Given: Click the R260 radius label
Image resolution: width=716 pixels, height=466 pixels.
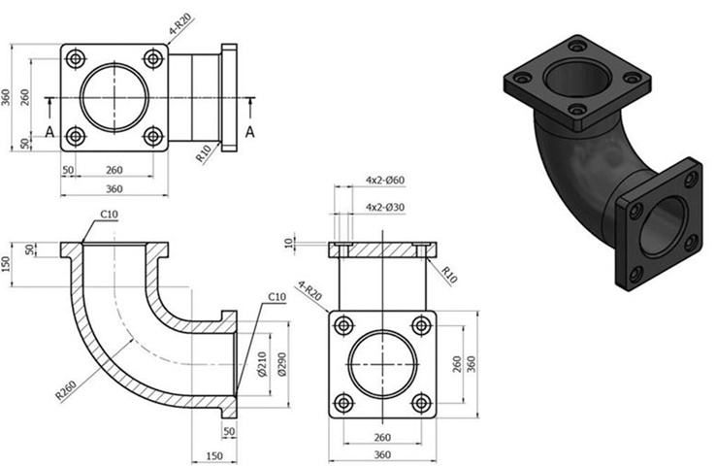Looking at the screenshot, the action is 65,389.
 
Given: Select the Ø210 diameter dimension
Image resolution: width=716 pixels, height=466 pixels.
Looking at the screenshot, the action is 262,364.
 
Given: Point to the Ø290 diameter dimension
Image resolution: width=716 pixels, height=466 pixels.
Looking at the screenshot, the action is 281,364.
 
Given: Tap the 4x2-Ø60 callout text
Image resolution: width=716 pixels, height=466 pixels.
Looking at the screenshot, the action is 385,180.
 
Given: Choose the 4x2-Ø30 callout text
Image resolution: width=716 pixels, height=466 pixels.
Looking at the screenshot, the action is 385,208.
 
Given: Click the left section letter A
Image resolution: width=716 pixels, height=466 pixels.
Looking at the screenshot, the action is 49,132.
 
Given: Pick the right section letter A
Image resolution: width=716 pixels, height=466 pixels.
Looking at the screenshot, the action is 249,132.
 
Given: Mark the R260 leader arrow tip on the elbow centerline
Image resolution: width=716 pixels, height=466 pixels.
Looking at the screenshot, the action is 133,339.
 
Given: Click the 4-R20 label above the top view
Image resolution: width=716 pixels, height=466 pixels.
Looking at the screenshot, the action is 179,24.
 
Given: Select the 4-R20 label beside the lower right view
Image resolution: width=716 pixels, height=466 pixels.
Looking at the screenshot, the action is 309,290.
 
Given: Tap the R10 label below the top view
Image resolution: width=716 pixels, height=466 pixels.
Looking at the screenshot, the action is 203,153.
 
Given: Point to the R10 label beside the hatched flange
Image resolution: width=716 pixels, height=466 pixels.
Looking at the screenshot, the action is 449,275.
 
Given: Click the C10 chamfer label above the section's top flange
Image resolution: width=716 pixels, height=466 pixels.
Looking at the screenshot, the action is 109,215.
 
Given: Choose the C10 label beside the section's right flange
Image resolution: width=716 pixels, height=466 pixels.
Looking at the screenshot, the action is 277,297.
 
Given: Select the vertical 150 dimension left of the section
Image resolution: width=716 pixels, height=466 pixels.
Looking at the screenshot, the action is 6,264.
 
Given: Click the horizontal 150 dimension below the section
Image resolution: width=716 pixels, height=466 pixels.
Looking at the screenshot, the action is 214,455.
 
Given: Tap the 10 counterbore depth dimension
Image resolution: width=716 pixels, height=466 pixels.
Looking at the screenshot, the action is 288,243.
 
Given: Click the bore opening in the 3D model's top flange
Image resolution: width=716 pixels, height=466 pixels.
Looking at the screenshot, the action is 577,79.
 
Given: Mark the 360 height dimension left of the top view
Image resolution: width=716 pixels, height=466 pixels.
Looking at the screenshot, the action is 6,97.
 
